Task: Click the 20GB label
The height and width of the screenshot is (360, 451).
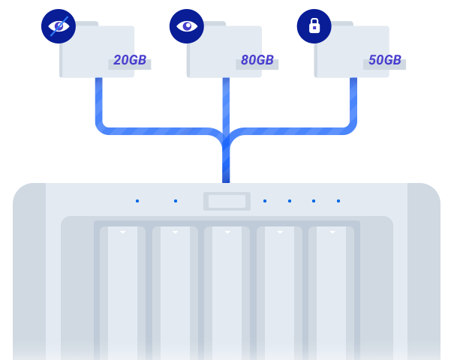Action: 130,60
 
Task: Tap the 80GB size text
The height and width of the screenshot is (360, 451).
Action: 257,60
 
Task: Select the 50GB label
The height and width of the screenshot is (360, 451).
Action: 385,60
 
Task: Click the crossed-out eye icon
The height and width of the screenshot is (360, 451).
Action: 59,26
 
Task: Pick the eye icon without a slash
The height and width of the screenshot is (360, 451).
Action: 186,26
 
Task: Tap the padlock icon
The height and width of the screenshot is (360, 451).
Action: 314,26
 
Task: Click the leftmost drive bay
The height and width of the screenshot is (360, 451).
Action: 122,292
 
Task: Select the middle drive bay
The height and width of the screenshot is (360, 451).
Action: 227,292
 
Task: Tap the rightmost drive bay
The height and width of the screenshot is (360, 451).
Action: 331,292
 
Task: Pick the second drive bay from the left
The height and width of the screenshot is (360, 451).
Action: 175,292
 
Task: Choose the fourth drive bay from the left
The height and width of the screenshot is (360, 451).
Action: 279,292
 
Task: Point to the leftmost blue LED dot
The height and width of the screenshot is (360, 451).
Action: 137,201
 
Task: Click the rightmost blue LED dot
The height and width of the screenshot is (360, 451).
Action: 338,201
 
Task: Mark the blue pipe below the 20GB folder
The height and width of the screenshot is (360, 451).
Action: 99,105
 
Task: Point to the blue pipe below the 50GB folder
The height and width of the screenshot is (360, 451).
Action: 353,105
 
